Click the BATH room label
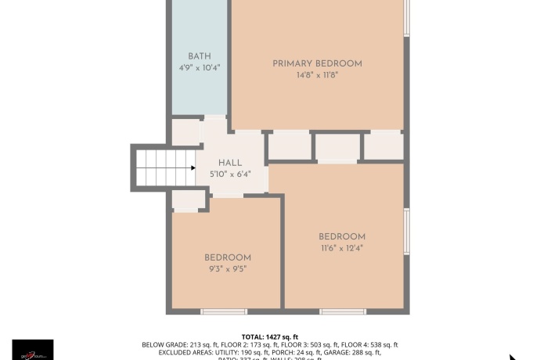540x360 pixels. coord(200,56)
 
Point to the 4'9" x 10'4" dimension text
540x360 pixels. coord(200,68)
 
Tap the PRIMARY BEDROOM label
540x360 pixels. coord(317,63)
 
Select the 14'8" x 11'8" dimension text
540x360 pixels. coord(317,75)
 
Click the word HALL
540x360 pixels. coord(229,163)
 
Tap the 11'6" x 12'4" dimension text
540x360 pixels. coord(342,248)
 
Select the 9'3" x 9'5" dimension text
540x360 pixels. coord(228,269)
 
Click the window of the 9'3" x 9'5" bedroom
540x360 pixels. coord(225,311)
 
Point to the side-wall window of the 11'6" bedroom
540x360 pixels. coord(406,232)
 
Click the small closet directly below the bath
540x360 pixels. coord(185,131)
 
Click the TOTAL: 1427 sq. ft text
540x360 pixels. coord(270,337)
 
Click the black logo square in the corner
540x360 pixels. coord(33,350)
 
